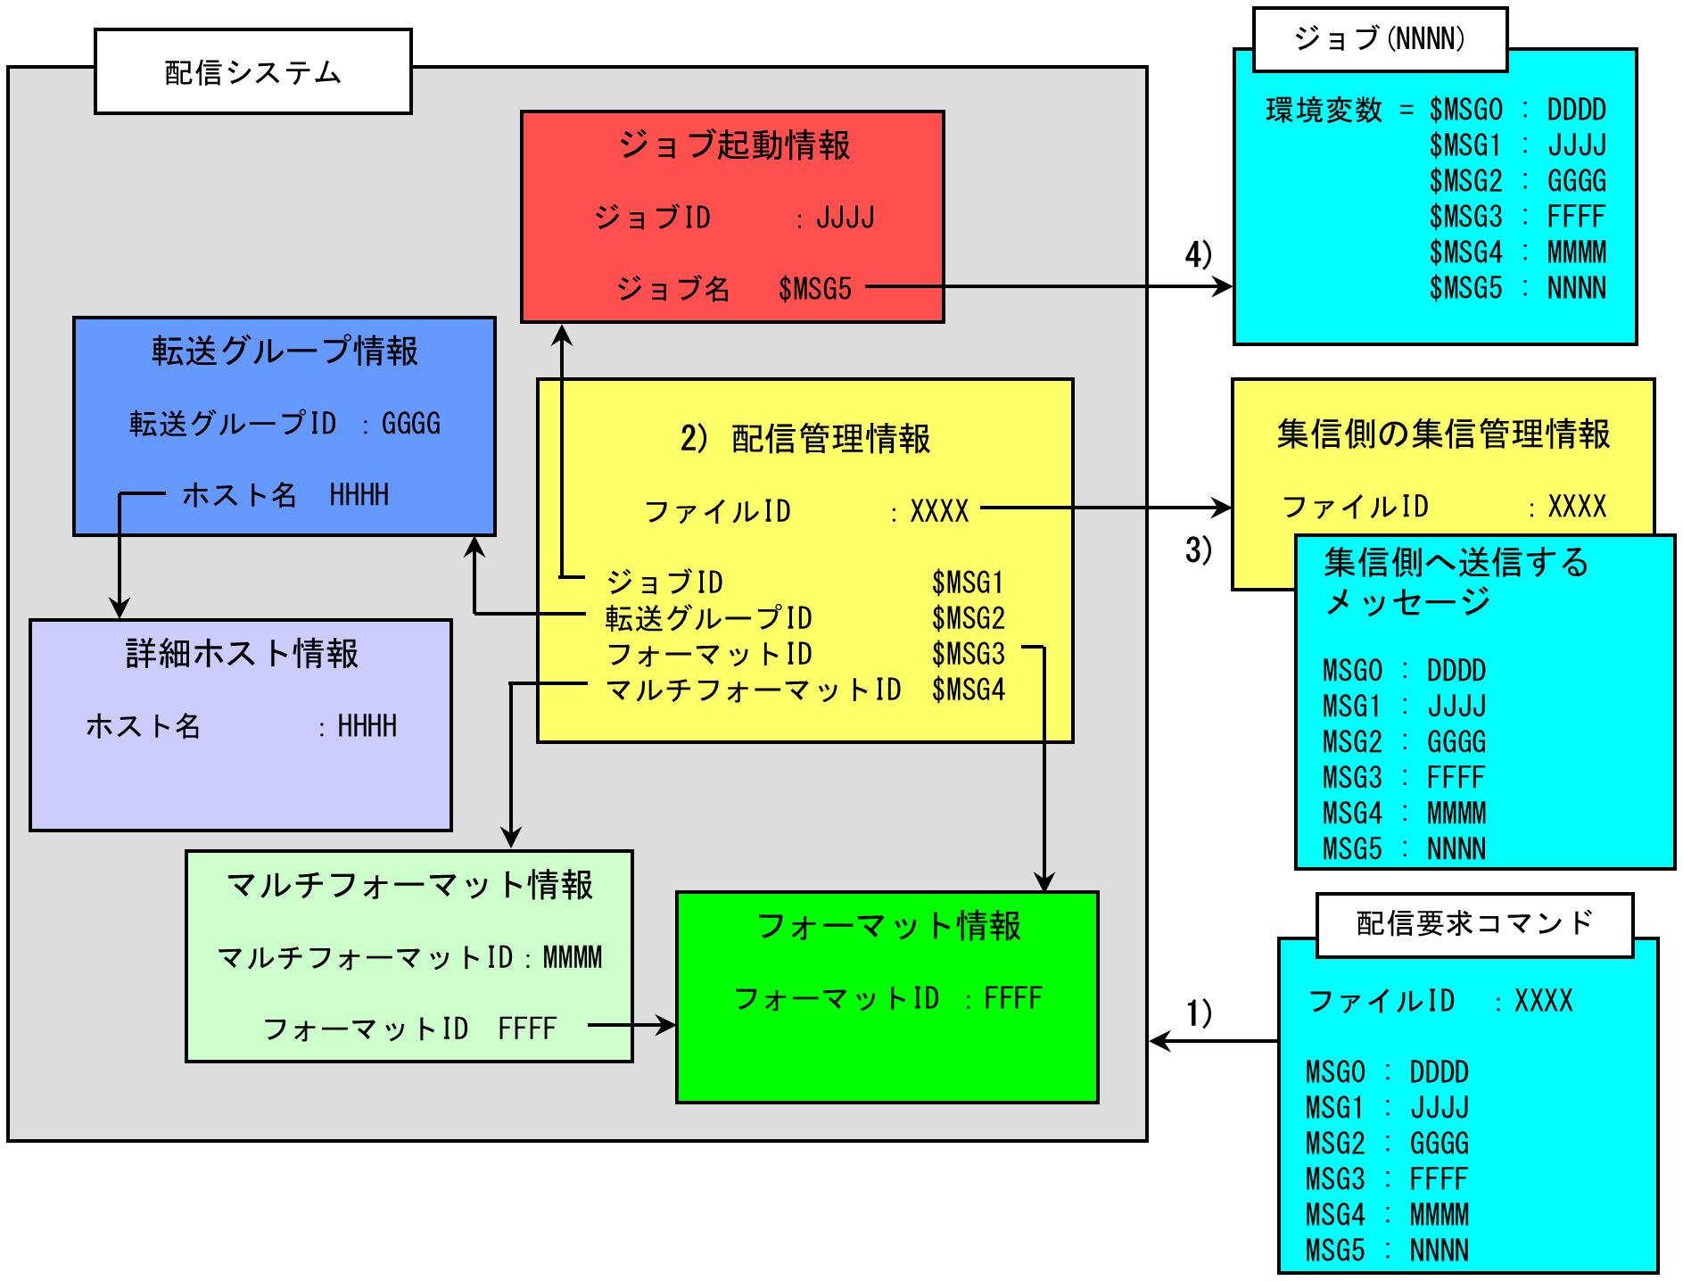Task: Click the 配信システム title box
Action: [252, 72]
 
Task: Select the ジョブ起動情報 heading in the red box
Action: [734, 145]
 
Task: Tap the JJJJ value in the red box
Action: [845, 218]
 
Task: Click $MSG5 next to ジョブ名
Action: [814, 289]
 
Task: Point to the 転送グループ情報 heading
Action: [285, 351]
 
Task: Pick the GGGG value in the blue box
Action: [411, 423]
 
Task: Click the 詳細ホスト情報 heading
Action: [242, 654]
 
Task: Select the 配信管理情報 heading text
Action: [830, 439]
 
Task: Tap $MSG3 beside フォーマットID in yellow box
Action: [968, 654]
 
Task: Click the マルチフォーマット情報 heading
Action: [409, 885]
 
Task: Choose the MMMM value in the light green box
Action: [573, 957]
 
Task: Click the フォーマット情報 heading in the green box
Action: [888, 926]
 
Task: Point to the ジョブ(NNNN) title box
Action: [1379, 39]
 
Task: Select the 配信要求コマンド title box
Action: [1474, 923]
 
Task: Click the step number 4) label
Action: [1198, 255]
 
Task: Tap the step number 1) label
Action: [1198, 1012]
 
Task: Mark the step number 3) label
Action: [1198, 550]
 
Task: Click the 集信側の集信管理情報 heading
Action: [1443, 434]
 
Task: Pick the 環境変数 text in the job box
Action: [1324, 111]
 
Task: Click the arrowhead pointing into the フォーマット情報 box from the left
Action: [667, 1025]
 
